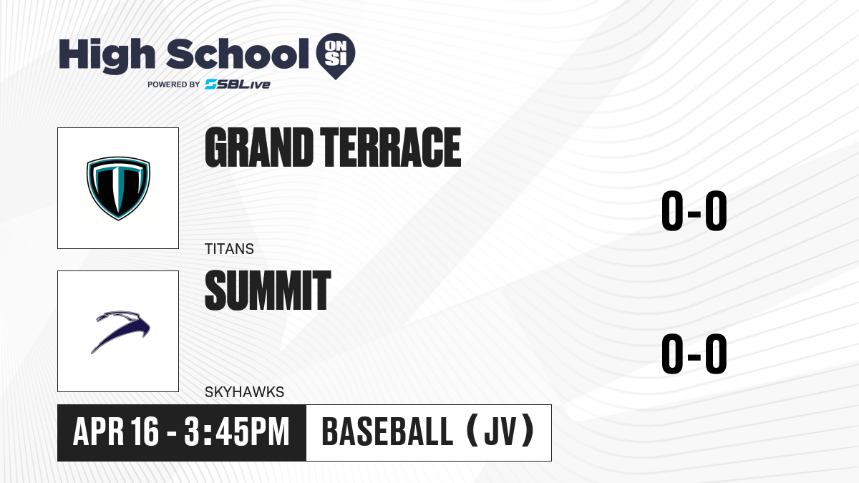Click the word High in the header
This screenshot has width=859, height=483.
(107, 55)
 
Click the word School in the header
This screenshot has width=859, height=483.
(238, 54)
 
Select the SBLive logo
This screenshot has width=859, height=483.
(238, 84)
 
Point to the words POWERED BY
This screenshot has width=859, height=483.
(174, 84)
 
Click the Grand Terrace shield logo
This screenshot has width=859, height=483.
(118, 188)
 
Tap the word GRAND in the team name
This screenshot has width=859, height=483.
(259, 147)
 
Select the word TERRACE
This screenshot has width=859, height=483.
(390, 147)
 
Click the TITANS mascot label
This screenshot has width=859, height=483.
(229, 249)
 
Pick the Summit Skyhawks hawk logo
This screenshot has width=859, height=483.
(121, 331)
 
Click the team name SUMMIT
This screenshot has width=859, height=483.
(268, 291)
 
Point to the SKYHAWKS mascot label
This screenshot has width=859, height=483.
(244, 392)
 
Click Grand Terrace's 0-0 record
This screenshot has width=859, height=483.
(694, 211)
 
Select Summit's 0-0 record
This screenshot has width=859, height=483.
(694, 353)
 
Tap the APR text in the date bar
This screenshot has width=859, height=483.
(98, 431)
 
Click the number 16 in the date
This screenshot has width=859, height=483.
(144, 431)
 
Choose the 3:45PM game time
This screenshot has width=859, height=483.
(237, 431)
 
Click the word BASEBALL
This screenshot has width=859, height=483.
(388, 431)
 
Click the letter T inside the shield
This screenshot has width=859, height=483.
(118, 186)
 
